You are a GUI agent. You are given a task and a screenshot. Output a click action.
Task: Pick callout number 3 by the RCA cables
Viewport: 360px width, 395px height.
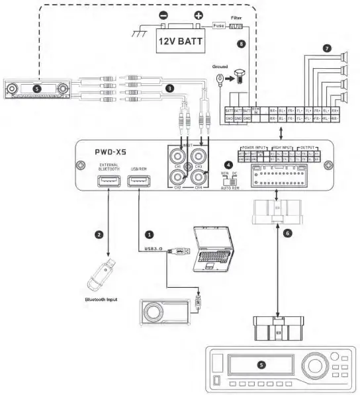coord(170,87)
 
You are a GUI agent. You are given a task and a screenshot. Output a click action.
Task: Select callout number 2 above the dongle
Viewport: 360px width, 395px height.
coord(99,234)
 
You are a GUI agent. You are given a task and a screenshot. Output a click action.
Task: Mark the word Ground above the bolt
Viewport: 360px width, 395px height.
coord(221,67)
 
